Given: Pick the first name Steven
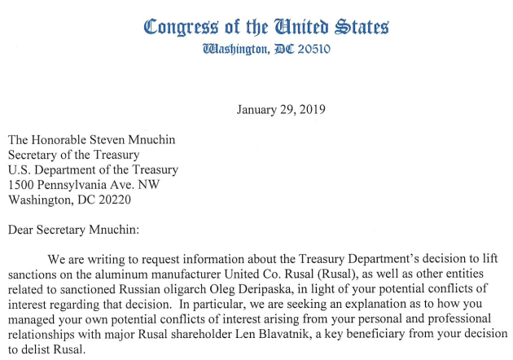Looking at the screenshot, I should pyautogui.click(x=128, y=140).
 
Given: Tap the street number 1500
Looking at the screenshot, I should pyautogui.click(x=22, y=185).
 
